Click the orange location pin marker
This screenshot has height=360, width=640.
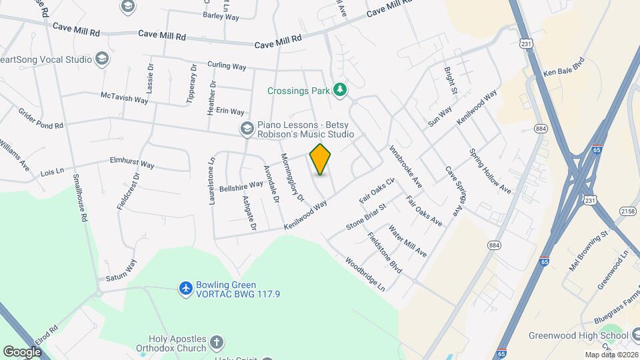[321, 159]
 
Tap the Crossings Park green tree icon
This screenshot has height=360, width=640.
[340, 89]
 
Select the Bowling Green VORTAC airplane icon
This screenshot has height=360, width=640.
[186, 288]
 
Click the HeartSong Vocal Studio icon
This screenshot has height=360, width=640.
[102, 59]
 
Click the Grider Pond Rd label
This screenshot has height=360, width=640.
[40, 119]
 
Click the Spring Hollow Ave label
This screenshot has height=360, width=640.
[490, 171]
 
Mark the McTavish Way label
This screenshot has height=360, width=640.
[124, 98]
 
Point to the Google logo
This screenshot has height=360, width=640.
[23, 351]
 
